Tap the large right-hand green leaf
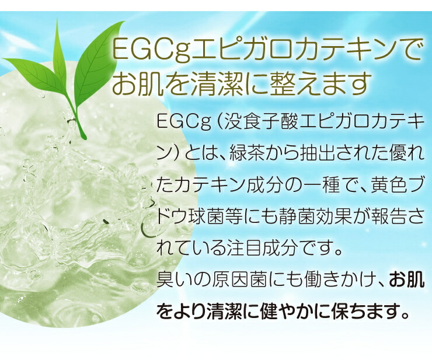[x=96, y=63]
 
